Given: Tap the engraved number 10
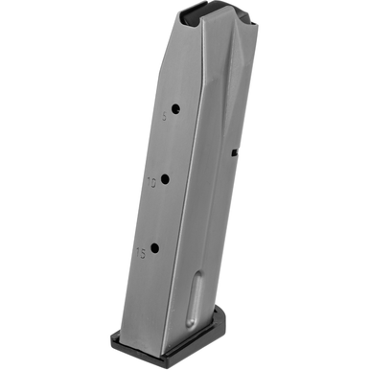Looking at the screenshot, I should coord(150,180).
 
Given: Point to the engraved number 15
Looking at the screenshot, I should coord(141,252).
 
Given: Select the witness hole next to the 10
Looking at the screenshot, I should coord(164,178).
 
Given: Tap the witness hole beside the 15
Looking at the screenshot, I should coord(153,248).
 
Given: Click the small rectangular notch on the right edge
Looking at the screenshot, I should coord(234,150).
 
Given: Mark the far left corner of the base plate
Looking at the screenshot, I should coord(110,335).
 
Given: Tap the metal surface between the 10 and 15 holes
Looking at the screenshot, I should coord(158,214).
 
